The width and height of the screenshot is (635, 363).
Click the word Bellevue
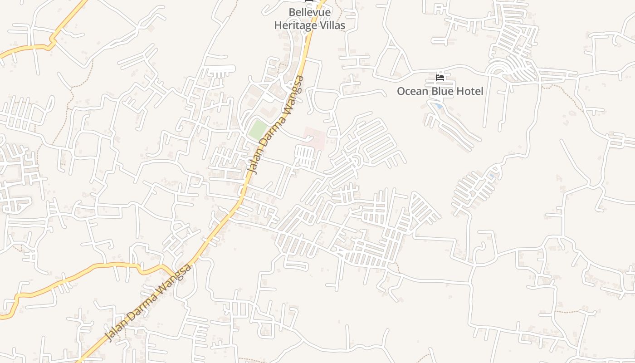point(309,12)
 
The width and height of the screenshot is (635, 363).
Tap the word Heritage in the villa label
point(295,25)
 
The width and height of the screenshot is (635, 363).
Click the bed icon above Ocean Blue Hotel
point(440,78)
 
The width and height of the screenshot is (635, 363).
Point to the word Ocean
point(412,91)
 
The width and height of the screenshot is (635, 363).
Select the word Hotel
point(470,91)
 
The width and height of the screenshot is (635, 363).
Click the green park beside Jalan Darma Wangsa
point(257,130)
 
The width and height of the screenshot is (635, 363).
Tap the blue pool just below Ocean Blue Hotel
point(438,106)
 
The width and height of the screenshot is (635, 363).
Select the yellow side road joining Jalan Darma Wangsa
point(91,268)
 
